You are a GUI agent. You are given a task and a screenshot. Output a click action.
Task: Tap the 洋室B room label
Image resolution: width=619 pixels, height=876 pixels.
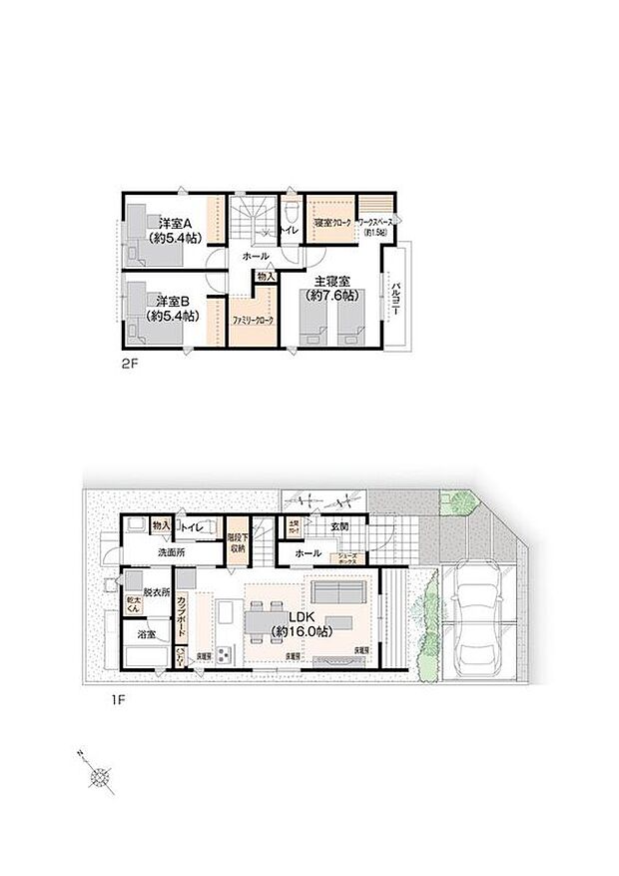[x=173, y=300]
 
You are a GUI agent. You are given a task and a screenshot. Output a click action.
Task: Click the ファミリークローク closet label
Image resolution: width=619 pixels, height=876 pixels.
[x=253, y=322]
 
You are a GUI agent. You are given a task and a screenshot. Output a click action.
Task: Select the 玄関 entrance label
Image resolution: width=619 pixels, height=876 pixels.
[x=338, y=525]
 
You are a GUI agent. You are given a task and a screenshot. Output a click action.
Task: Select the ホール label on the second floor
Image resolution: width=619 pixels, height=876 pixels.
[x=256, y=257]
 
